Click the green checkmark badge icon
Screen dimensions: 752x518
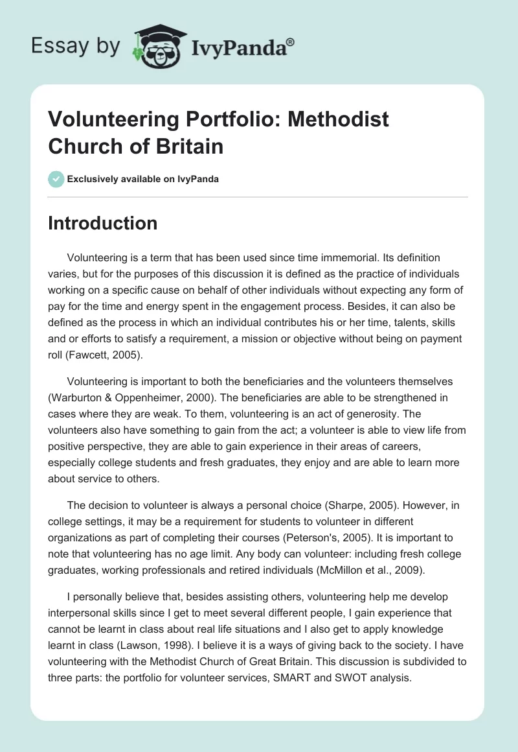click(56, 179)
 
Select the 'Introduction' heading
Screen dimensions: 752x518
click(103, 223)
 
